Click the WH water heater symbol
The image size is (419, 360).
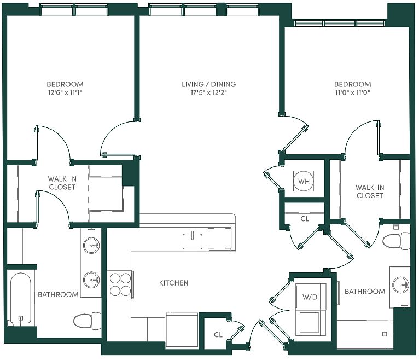point(304,181)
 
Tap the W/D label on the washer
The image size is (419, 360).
point(310,297)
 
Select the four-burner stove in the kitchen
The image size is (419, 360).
point(120,284)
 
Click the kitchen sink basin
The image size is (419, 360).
point(193,241)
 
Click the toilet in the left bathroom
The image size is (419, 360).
point(87,321)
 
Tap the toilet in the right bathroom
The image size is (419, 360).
point(396,241)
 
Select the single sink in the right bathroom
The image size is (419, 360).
point(401,284)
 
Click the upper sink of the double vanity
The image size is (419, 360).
point(92,245)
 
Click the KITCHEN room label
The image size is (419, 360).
point(174,283)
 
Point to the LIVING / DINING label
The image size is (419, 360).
point(209,84)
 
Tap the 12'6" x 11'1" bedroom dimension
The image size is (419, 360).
point(65,93)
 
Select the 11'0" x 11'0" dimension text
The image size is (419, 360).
point(352,93)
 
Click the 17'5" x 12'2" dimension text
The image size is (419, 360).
point(209,93)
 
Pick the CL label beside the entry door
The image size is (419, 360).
point(218,335)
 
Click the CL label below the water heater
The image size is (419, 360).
point(305,219)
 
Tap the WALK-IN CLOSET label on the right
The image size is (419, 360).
point(370,191)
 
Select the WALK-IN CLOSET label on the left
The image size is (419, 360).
point(62,183)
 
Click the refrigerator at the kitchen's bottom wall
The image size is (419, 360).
point(182,330)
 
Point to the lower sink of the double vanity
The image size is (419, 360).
point(92,280)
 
